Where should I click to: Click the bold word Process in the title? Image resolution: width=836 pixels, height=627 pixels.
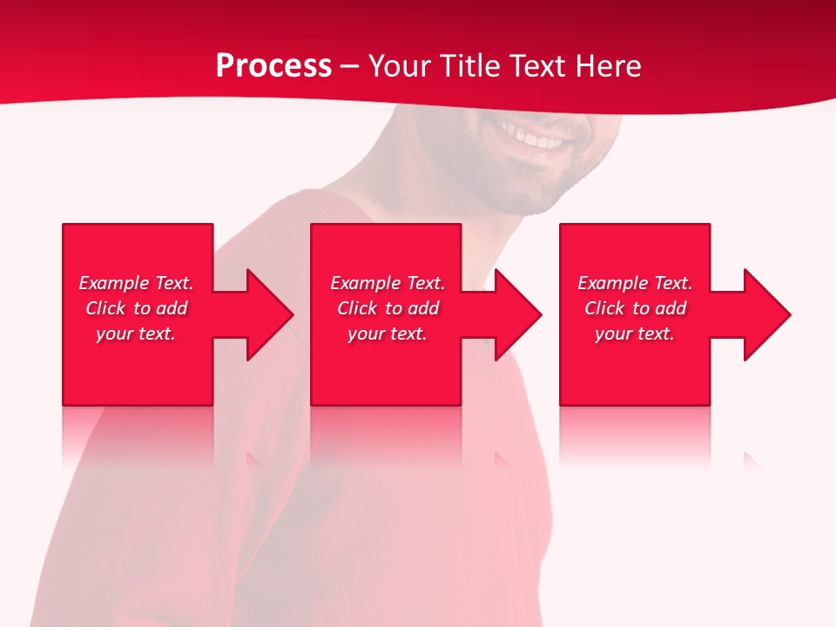coord(273,66)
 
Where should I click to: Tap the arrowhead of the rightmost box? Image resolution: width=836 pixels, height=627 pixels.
coord(765,314)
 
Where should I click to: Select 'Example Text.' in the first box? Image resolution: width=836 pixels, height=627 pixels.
coord(136,283)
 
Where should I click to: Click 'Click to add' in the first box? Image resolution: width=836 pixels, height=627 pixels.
coord(136,308)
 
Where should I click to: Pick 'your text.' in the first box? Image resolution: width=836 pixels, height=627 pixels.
coord(136,334)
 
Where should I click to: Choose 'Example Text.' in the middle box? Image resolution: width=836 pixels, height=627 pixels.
coord(388,283)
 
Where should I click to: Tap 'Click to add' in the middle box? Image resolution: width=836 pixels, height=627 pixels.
coord(388,308)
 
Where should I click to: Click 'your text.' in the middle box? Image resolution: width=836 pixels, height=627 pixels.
coord(388,334)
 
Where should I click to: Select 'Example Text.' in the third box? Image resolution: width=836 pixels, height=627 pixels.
coord(635,283)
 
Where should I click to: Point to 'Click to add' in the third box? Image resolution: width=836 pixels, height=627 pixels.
coord(635,308)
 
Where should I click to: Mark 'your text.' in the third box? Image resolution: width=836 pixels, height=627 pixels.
coord(635,334)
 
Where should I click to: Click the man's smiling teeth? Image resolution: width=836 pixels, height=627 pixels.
coord(533,138)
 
